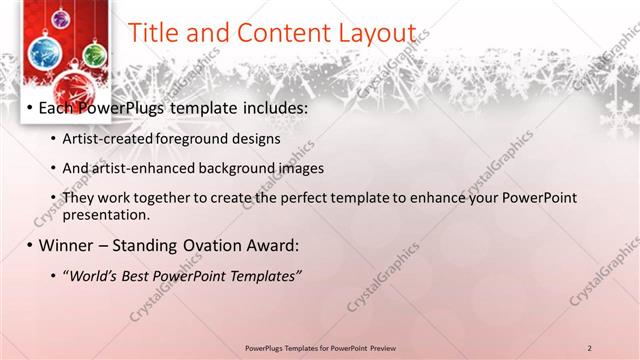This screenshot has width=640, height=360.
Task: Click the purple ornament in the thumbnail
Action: pos(61,18)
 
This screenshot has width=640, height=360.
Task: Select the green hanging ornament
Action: pos(93,54)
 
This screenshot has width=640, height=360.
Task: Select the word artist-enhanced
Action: pos(136,168)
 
